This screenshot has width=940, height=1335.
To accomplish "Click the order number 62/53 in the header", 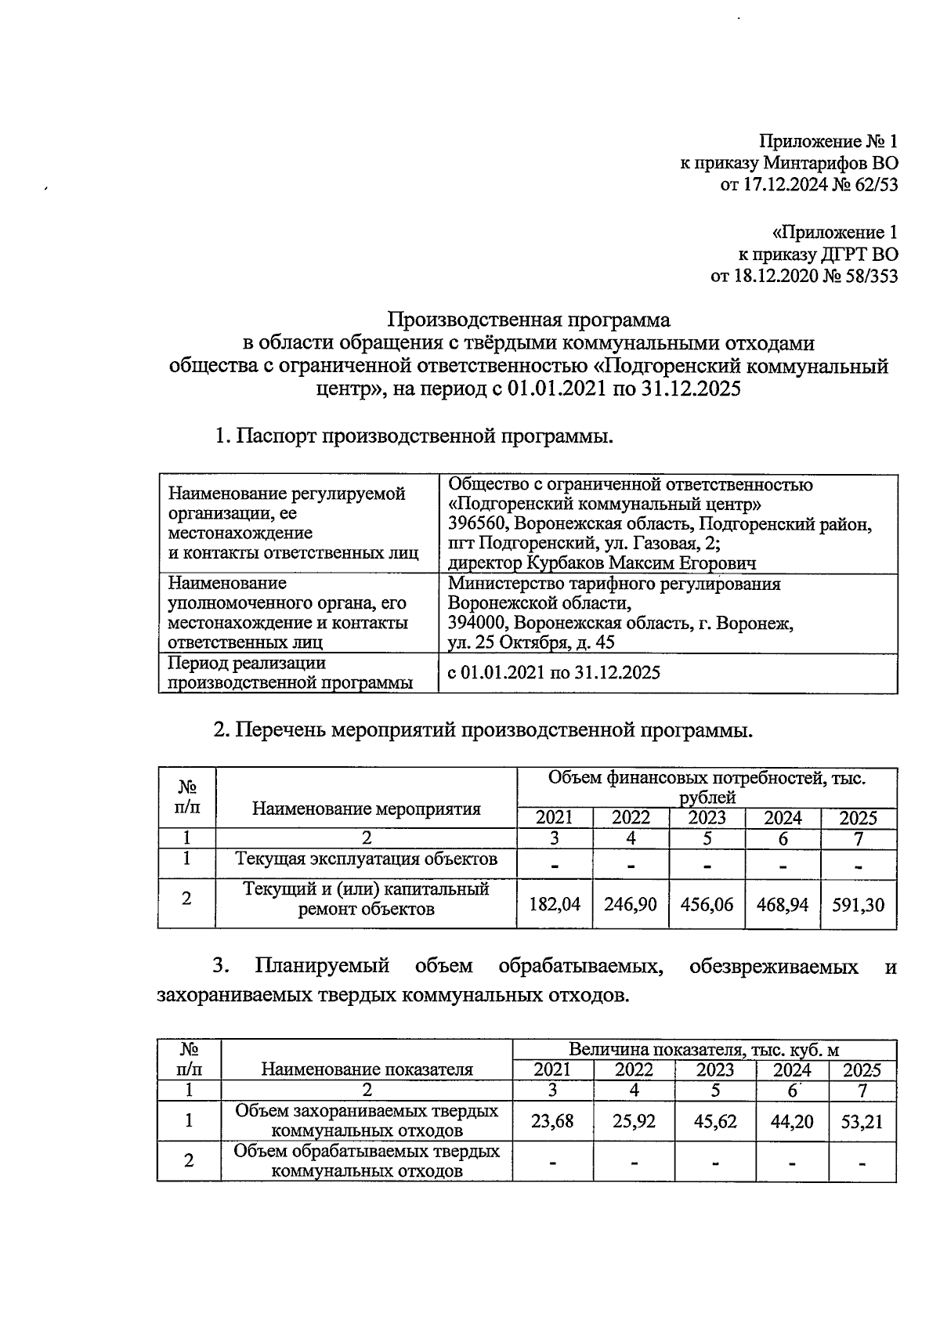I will pos(873,186).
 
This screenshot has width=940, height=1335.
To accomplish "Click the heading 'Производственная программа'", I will pos(530,320).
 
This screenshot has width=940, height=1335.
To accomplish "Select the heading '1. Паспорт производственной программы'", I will pos(414,436).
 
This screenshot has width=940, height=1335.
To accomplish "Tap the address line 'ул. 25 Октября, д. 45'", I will pos(531,642).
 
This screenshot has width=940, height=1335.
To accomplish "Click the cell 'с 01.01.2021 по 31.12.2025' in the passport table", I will pos(554,672).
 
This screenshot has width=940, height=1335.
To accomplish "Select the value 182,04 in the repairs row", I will pos(555,904).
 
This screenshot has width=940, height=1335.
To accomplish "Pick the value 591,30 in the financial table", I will pos(858,904).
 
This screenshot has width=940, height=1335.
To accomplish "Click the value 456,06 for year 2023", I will pos(707,904).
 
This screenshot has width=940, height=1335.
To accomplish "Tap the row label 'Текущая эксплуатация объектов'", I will pos(367,859).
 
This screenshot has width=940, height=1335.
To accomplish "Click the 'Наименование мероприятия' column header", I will pos(367,809).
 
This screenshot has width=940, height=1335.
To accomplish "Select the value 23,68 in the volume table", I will pos(552,1121).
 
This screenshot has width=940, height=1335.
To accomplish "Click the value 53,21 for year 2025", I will pos(862,1121).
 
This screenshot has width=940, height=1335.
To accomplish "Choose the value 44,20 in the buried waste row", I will pos(792,1121).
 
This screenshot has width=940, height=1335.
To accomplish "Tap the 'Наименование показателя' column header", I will pos(367,1069).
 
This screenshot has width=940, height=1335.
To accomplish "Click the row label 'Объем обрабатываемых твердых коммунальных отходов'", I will pos(367,1161).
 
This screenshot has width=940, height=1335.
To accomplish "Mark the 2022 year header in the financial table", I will pos(631,818).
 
